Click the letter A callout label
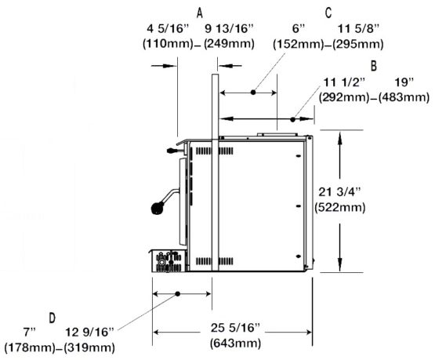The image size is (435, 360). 199,13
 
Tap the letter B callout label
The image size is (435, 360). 374,66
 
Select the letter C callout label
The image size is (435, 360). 328,13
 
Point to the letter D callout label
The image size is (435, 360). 53,318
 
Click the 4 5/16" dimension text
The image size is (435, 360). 168,28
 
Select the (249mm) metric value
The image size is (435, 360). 229,44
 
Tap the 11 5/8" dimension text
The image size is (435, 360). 358,28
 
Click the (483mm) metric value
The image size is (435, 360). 404,97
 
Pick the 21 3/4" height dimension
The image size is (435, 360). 340,191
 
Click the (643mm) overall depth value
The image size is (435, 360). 236,344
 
